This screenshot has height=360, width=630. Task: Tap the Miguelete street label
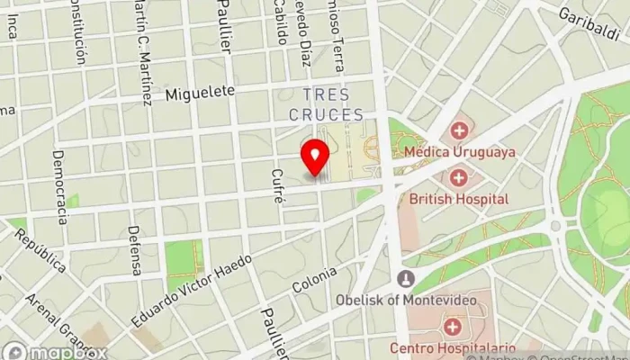199,92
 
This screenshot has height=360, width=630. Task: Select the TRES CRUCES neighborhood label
327,104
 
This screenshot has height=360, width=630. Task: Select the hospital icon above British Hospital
460,178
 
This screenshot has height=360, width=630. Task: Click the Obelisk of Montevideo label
409,300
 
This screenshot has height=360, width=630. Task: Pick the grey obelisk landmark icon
406,279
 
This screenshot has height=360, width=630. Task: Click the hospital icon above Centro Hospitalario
452,325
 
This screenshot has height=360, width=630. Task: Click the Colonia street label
315,279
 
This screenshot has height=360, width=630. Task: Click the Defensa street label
136,250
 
